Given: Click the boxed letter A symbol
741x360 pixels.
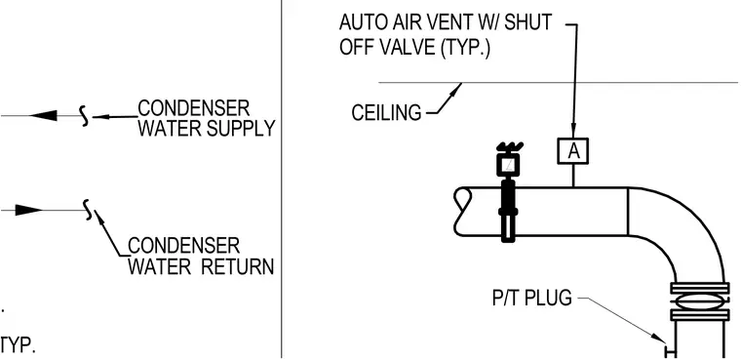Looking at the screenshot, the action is pyautogui.click(x=572, y=151).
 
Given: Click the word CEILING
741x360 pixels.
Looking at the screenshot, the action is pyautogui.click(x=386, y=113).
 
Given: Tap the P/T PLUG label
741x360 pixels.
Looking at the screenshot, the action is pyautogui.click(x=531, y=298).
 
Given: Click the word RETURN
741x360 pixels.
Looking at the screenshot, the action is pyautogui.click(x=238, y=266).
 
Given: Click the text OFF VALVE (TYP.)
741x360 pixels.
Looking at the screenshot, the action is pyautogui.click(x=415, y=48).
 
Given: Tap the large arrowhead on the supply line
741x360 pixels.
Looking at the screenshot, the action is pyautogui.click(x=43, y=115).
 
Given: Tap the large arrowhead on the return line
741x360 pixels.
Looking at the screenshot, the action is pyautogui.click(x=29, y=210).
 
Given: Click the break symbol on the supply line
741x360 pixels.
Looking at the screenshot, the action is pyautogui.click(x=84, y=116).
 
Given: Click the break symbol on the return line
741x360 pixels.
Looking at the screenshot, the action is pyautogui.click(x=88, y=210).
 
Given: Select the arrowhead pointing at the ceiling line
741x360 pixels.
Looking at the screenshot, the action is pyautogui.click(x=455, y=90).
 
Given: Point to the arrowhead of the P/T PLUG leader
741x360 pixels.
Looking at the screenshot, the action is pyautogui.click(x=659, y=338).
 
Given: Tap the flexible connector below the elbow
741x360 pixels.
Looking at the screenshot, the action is pyautogui.click(x=700, y=301).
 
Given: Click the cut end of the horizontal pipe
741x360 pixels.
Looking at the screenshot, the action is pyautogui.click(x=463, y=212).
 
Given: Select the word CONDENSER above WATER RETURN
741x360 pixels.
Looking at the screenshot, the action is pyautogui.click(x=184, y=246).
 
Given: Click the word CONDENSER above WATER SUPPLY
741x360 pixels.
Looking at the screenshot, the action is pyautogui.click(x=193, y=108).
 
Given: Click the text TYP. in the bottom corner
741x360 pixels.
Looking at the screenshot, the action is pyautogui.click(x=18, y=345).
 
